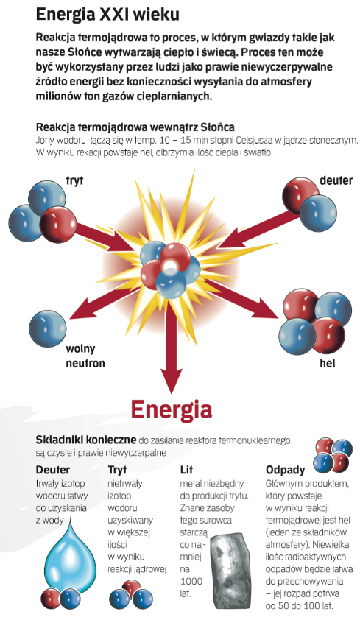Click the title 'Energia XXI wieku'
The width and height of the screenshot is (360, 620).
(107, 15)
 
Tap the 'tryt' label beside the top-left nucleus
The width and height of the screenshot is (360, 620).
(74, 180)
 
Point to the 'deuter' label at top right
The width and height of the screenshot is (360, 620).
(336, 180)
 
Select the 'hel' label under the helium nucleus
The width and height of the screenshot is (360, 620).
(327, 363)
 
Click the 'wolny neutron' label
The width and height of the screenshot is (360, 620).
(85, 356)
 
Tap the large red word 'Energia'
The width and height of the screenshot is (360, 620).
(172, 409)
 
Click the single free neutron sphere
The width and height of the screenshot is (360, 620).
(48, 329)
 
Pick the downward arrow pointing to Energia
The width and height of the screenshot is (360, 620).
(172, 348)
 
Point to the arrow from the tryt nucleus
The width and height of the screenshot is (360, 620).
(105, 237)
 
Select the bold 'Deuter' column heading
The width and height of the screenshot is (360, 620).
(52, 470)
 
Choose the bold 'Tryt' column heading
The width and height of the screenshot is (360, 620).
(117, 470)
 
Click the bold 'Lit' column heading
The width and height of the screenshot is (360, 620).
(186, 470)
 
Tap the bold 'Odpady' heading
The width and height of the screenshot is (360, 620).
(286, 470)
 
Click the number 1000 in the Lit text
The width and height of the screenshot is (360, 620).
(191, 581)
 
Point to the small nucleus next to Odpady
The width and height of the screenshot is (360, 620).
(333, 456)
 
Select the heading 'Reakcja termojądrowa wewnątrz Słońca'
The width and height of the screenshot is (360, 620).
(135, 127)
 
